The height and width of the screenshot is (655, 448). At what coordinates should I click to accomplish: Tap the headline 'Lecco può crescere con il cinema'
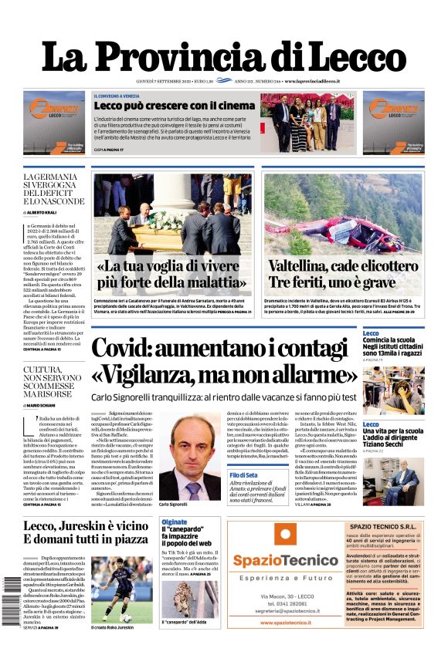point(175,106)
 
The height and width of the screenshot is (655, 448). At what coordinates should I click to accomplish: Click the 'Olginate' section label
point(174,522)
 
